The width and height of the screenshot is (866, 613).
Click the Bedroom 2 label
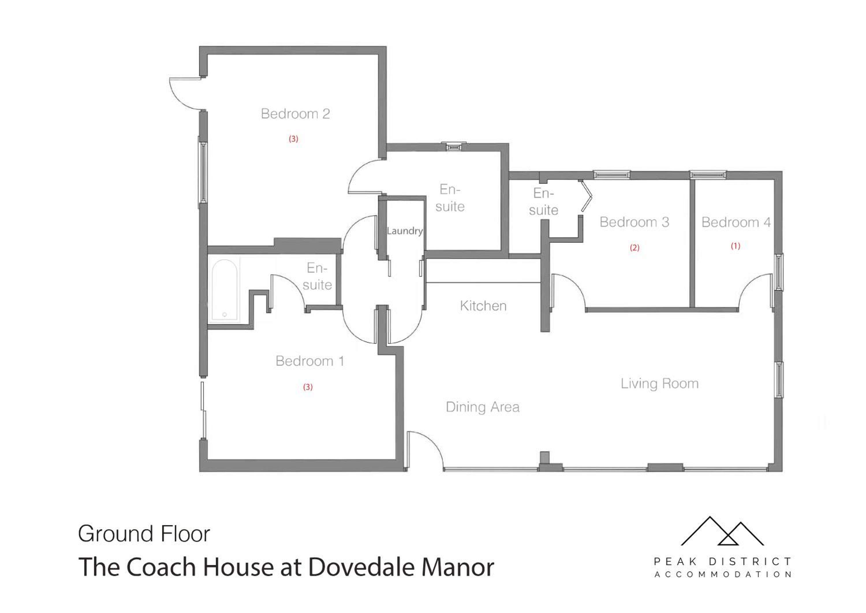tap(295, 114)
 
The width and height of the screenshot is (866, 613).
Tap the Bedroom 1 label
tap(310, 361)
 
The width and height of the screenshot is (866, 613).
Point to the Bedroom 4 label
tap(736, 222)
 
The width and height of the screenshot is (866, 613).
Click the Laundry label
tap(405, 231)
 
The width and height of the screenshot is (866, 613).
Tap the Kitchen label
tap(483, 306)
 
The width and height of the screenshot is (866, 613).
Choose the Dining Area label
tap(483, 407)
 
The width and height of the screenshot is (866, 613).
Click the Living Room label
tap(660, 384)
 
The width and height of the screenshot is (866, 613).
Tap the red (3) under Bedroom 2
tap(294, 139)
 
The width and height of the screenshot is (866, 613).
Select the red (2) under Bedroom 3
tap(634, 248)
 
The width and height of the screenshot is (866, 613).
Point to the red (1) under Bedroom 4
tap(736, 246)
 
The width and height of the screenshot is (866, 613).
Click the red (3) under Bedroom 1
tap(308, 387)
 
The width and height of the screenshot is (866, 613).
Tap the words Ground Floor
tap(144, 534)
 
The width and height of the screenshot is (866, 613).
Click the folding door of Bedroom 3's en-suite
tap(586, 196)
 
